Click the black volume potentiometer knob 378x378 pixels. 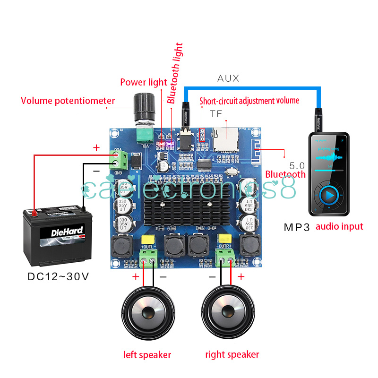144,107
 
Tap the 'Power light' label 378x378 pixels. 144,82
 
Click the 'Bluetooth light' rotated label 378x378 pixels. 175,73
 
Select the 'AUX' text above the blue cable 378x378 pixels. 228,78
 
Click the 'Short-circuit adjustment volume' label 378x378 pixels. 249,101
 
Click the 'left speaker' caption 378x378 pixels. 147,354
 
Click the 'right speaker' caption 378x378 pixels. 232,354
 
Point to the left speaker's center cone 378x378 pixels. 147,312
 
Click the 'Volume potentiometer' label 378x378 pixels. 68,101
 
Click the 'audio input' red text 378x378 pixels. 339,226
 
